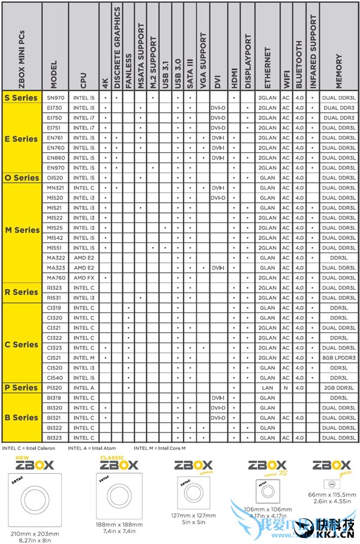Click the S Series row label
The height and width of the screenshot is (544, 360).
pos(20,97)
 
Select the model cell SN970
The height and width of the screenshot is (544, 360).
pos(55,97)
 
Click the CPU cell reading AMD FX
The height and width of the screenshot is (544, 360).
pos(83,278)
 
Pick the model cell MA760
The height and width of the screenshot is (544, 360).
pos(55,278)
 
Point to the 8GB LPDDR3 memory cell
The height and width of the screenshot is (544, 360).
pos(339,358)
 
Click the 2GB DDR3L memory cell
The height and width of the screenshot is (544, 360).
pos(339,388)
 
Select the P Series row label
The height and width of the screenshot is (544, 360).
pos(20,388)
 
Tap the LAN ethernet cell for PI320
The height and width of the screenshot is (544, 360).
pos(267,388)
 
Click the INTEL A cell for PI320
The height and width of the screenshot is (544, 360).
pos(83,388)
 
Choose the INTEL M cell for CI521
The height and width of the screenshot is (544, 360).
pos(83,358)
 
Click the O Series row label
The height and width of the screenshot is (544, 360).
pos(22,178)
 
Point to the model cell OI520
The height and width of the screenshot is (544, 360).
pos(55,178)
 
